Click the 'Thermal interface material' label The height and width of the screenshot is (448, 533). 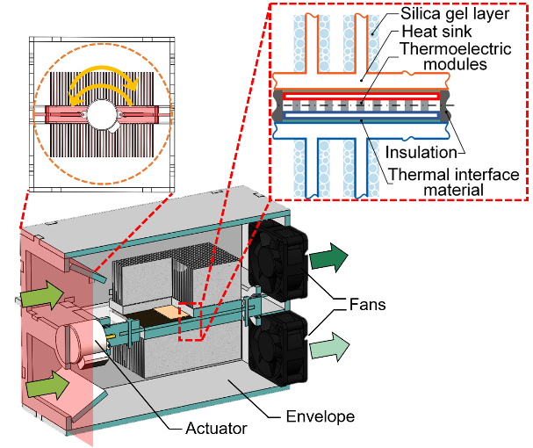pyautogui.click(x=454, y=182)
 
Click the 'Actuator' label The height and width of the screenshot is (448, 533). pyautogui.click(x=215, y=430)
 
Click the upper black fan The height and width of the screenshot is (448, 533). pyautogui.click(x=277, y=256)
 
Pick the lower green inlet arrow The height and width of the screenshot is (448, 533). pyautogui.click(x=45, y=384)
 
